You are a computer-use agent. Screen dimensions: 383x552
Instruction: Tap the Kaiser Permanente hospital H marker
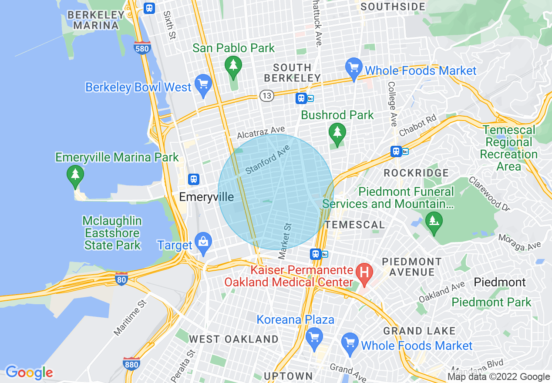point(364,272)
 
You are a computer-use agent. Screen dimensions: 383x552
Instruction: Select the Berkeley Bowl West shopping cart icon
point(203,84)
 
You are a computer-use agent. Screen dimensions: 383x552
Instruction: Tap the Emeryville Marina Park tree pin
point(75,175)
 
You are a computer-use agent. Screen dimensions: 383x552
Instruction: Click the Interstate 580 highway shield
point(142,48)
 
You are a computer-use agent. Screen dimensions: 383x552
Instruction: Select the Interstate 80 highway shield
point(121,279)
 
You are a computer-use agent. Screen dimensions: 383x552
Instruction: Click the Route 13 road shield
point(267,96)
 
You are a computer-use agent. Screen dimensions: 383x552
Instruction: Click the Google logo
point(29,373)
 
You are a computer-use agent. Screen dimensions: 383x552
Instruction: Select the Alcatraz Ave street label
point(261,133)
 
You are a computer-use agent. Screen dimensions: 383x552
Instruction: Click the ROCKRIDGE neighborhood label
point(416,173)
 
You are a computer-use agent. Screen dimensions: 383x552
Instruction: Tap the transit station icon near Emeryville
point(194,179)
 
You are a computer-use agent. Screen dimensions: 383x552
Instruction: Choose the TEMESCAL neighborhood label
point(355,225)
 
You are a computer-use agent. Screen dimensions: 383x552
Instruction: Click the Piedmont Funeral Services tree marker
point(433,221)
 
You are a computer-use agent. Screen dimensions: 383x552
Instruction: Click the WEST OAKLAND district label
point(233,339)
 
